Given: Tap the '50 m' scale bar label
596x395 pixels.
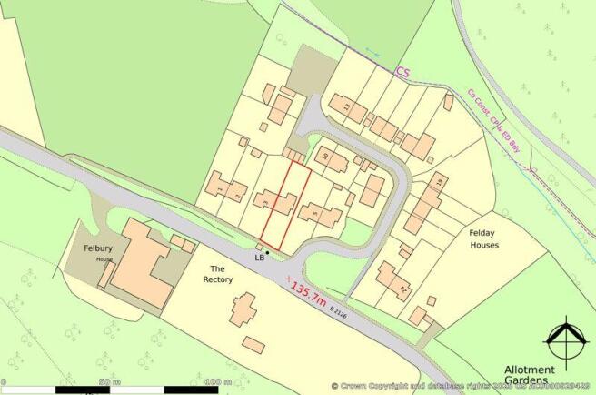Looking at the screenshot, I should click(110, 381).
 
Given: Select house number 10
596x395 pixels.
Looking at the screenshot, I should click(325, 156).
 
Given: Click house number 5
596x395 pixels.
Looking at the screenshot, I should click(315, 214).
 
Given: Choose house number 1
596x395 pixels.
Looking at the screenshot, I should click(221, 187).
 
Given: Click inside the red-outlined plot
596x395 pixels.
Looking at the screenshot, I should click(285, 207).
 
